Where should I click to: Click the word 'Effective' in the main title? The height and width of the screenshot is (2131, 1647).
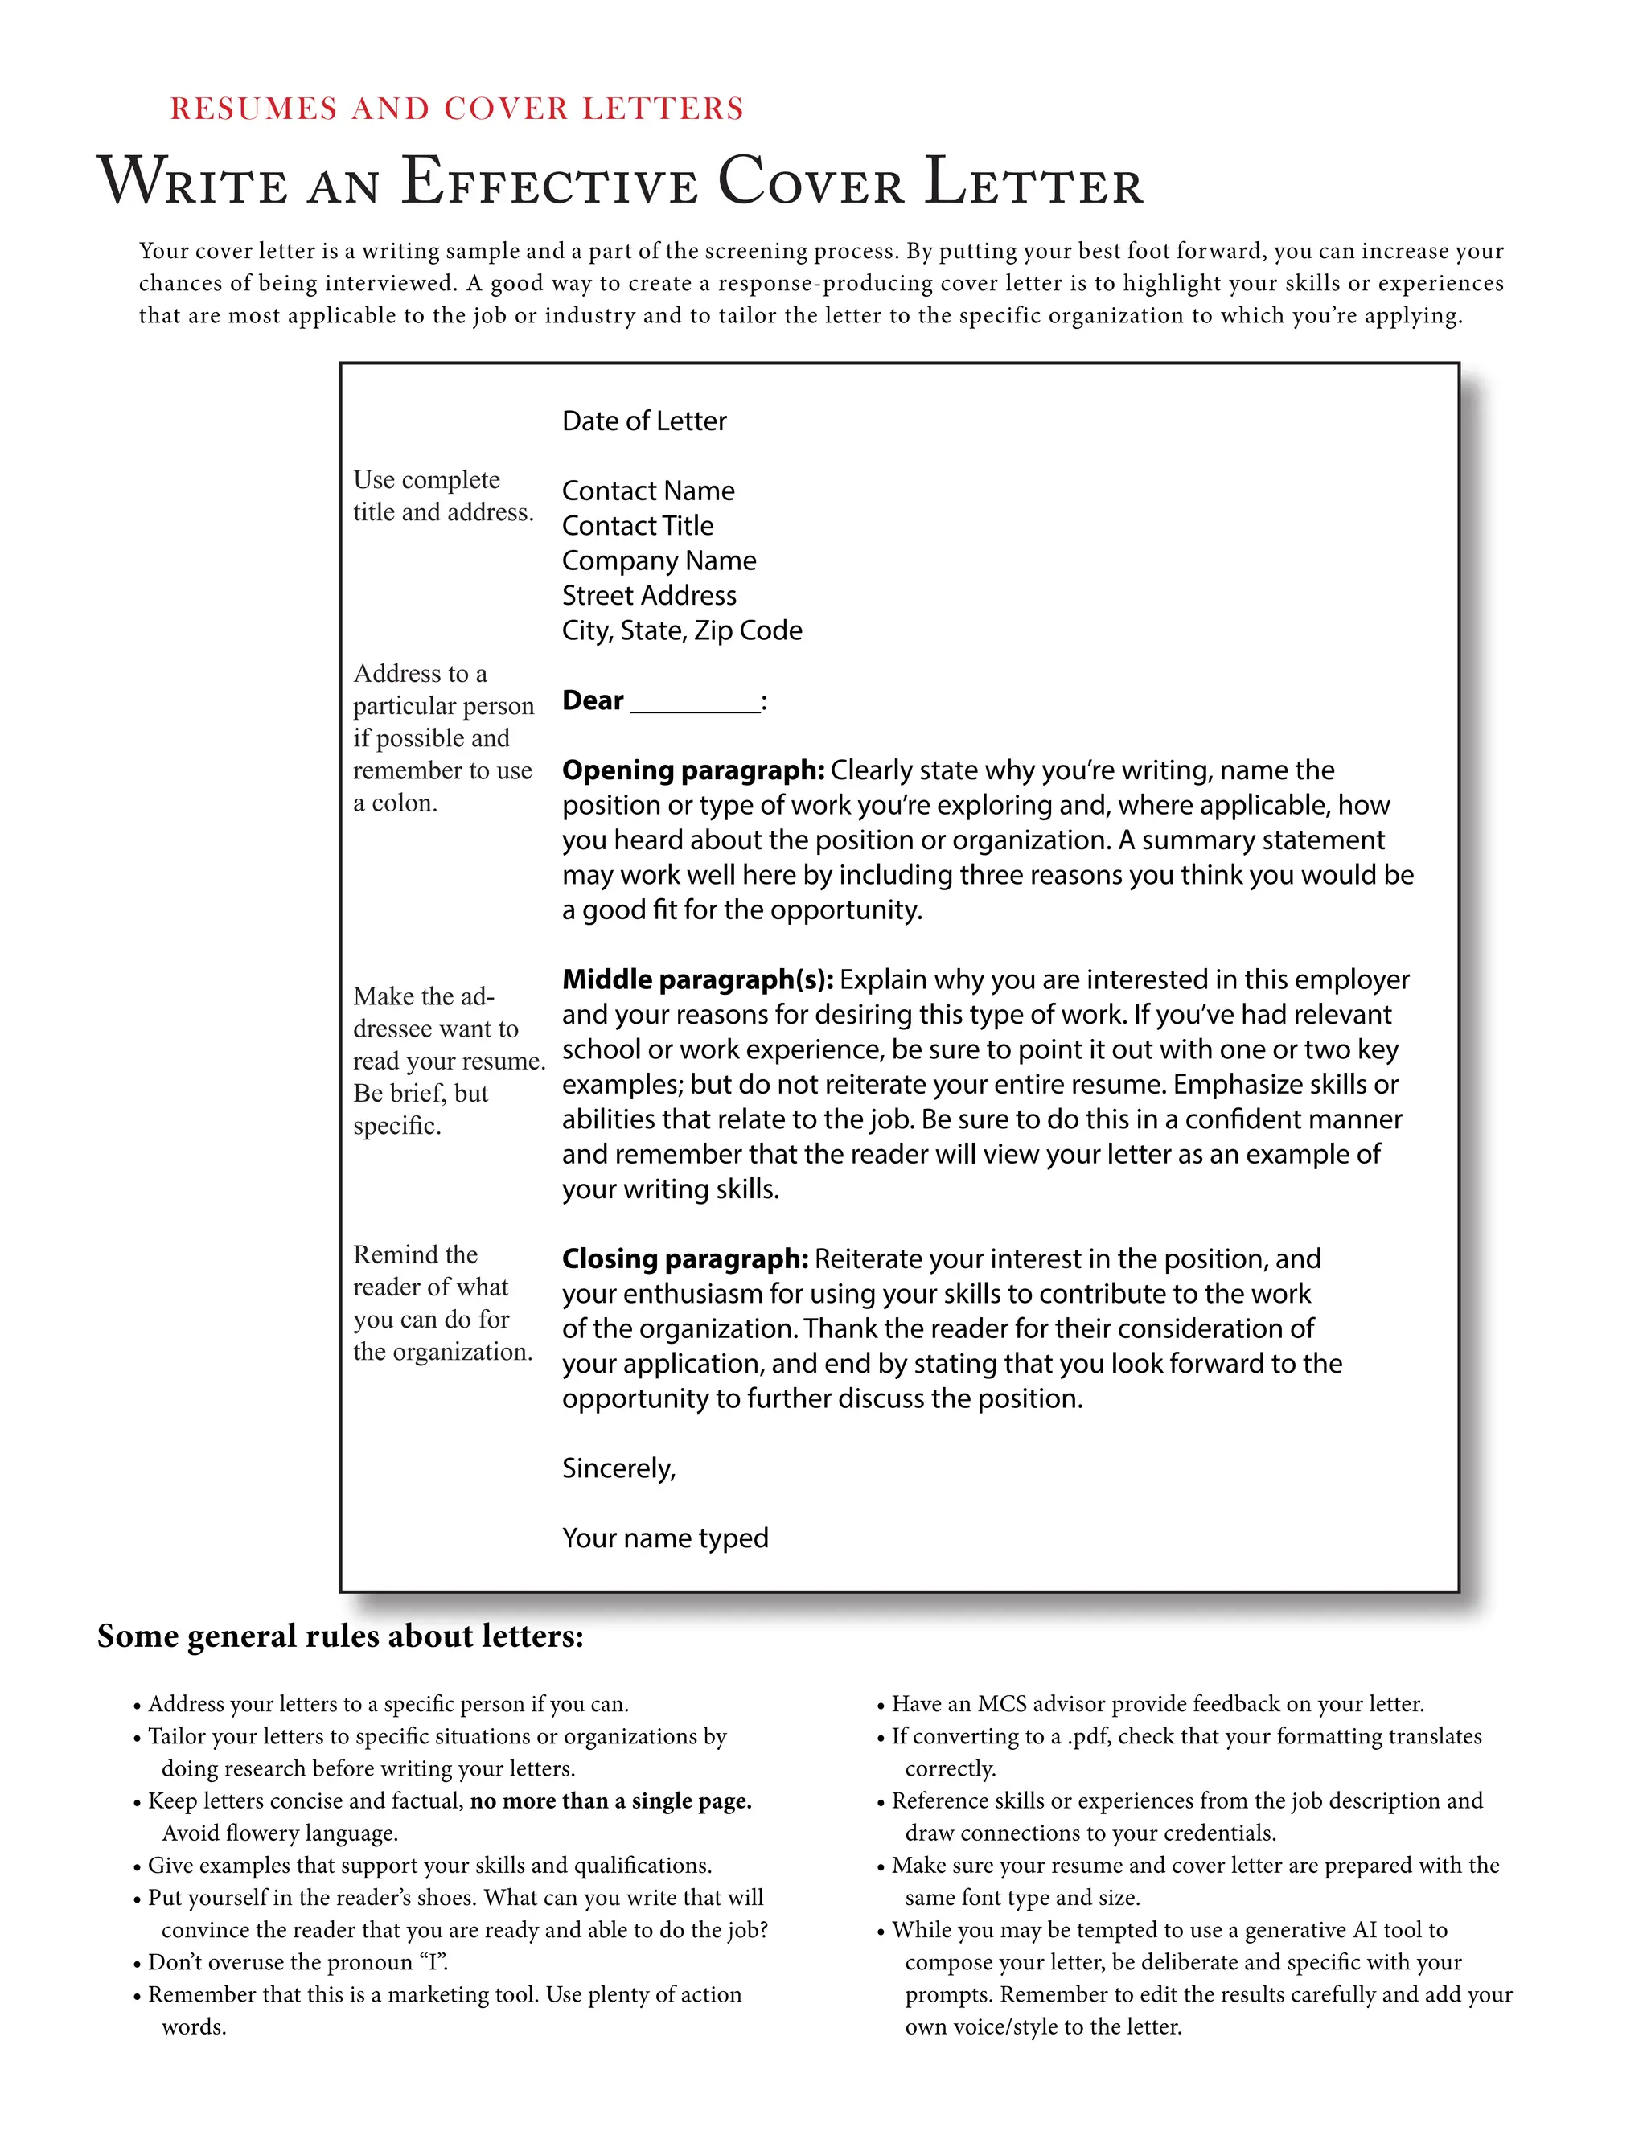coord(549,183)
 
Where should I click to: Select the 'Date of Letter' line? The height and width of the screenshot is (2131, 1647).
coord(644,421)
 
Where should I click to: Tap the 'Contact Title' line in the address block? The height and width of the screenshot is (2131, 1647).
coord(637,526)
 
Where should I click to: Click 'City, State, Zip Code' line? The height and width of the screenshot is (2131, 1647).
coord(681,630)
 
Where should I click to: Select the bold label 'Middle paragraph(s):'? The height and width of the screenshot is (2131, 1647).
coord(696,979)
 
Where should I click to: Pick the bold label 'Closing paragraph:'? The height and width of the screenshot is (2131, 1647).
coord(684,1258)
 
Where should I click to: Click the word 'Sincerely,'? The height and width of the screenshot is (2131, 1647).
coord(618,1468)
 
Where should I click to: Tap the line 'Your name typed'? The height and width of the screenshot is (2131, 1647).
coord(664,1538)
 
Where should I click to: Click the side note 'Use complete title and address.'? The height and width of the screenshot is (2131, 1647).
coord(442,495)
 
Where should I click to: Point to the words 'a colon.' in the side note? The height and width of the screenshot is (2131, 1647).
coord(395,803)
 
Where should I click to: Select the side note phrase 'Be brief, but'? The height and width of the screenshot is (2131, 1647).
coord(421,1094)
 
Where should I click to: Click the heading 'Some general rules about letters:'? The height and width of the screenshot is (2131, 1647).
coord(339,1636)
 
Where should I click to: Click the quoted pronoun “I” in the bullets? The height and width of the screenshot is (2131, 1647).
coord(431,1963)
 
